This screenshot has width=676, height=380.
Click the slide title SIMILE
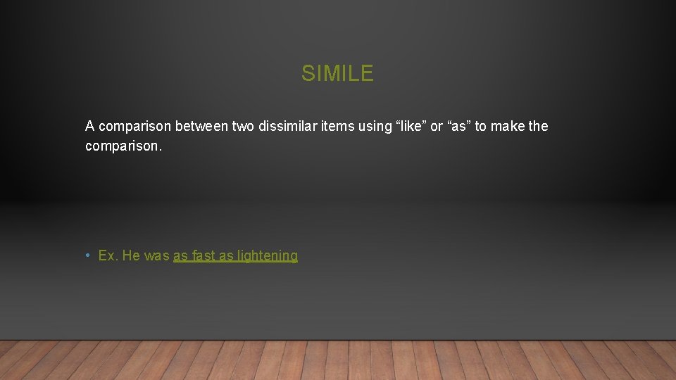pos(337,73)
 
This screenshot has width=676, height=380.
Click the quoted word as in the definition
pos(459,127)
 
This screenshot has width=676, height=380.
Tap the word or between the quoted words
pos(437,127)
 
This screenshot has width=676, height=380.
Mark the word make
pos(507,127)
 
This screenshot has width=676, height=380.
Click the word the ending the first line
pos(538,127)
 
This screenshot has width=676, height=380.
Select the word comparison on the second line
pos(122,146)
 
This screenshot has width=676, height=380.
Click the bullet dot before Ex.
pos(87,256)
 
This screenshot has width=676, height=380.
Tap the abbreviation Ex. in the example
pos(108,256)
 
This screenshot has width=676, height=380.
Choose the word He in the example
pos(132,256)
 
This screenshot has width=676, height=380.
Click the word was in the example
pos(157,256)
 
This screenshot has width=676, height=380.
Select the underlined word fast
pos(203,256)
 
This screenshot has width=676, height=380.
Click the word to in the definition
pos(481,127)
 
